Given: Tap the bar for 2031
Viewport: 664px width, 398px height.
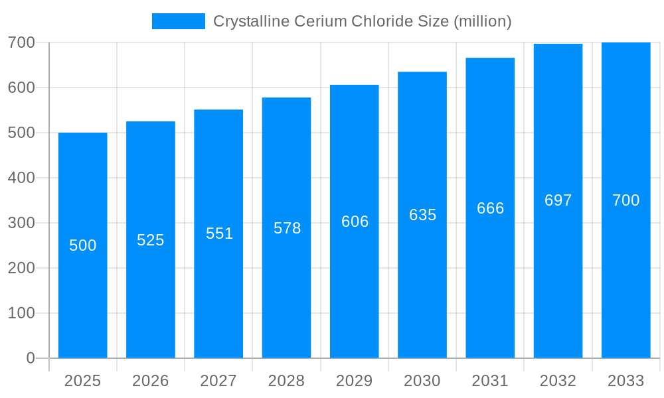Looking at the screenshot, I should (490, 279).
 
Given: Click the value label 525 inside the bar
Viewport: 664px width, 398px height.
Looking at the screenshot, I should (151, 240).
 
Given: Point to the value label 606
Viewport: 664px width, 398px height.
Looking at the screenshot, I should (355, 222).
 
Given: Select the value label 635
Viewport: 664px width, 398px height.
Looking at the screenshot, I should (422, 215).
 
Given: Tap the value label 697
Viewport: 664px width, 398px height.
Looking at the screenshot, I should (558, 200).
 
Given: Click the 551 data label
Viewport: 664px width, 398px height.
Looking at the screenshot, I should (219, 233).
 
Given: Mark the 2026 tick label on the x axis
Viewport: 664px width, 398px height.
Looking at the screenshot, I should (151, 381).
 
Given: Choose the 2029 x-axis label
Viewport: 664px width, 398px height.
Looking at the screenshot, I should (354, 381).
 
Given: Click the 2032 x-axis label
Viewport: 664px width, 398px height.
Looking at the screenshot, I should (558, 381).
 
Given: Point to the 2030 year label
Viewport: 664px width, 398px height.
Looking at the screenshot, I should (422, 381).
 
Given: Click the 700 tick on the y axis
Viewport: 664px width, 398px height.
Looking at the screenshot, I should (21, 42).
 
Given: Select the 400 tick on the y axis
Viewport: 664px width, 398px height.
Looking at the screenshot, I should (21, 178).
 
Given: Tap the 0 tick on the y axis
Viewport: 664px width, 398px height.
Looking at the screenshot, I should (31, 358).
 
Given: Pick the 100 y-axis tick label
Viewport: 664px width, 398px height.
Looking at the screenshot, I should (21, 313).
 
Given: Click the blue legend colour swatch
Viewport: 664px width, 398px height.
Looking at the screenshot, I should (179, 21).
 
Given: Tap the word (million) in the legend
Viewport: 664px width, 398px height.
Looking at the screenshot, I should (482, 21).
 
